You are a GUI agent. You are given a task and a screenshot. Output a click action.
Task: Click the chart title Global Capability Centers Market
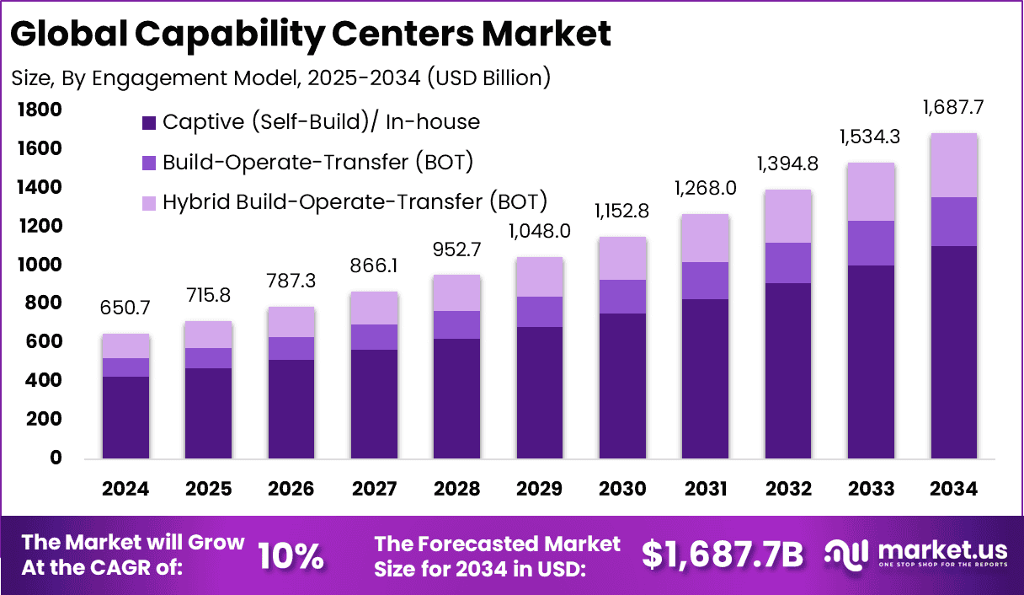312,34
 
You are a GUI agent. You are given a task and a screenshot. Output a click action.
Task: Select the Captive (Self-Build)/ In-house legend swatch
149,122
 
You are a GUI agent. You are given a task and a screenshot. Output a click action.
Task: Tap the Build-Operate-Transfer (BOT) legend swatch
149,162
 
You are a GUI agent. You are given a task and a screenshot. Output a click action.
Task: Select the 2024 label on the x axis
125,490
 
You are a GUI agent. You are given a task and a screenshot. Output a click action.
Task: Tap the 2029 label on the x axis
540,490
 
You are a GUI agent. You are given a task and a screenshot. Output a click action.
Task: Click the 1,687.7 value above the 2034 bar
953,108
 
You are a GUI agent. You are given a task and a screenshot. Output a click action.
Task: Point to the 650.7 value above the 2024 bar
125,308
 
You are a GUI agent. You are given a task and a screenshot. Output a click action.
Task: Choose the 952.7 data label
456,250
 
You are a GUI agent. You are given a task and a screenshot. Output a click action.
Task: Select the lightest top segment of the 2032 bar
787,216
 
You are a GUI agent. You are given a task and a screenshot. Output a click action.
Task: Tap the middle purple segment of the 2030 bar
622,297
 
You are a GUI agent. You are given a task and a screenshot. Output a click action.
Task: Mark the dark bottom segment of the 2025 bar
208,413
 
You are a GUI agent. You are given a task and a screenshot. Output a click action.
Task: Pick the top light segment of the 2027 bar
374,308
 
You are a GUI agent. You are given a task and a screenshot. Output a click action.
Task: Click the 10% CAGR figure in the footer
291,555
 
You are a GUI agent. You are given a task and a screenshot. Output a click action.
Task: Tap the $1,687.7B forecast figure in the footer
722,554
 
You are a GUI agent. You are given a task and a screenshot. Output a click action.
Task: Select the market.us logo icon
846,554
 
